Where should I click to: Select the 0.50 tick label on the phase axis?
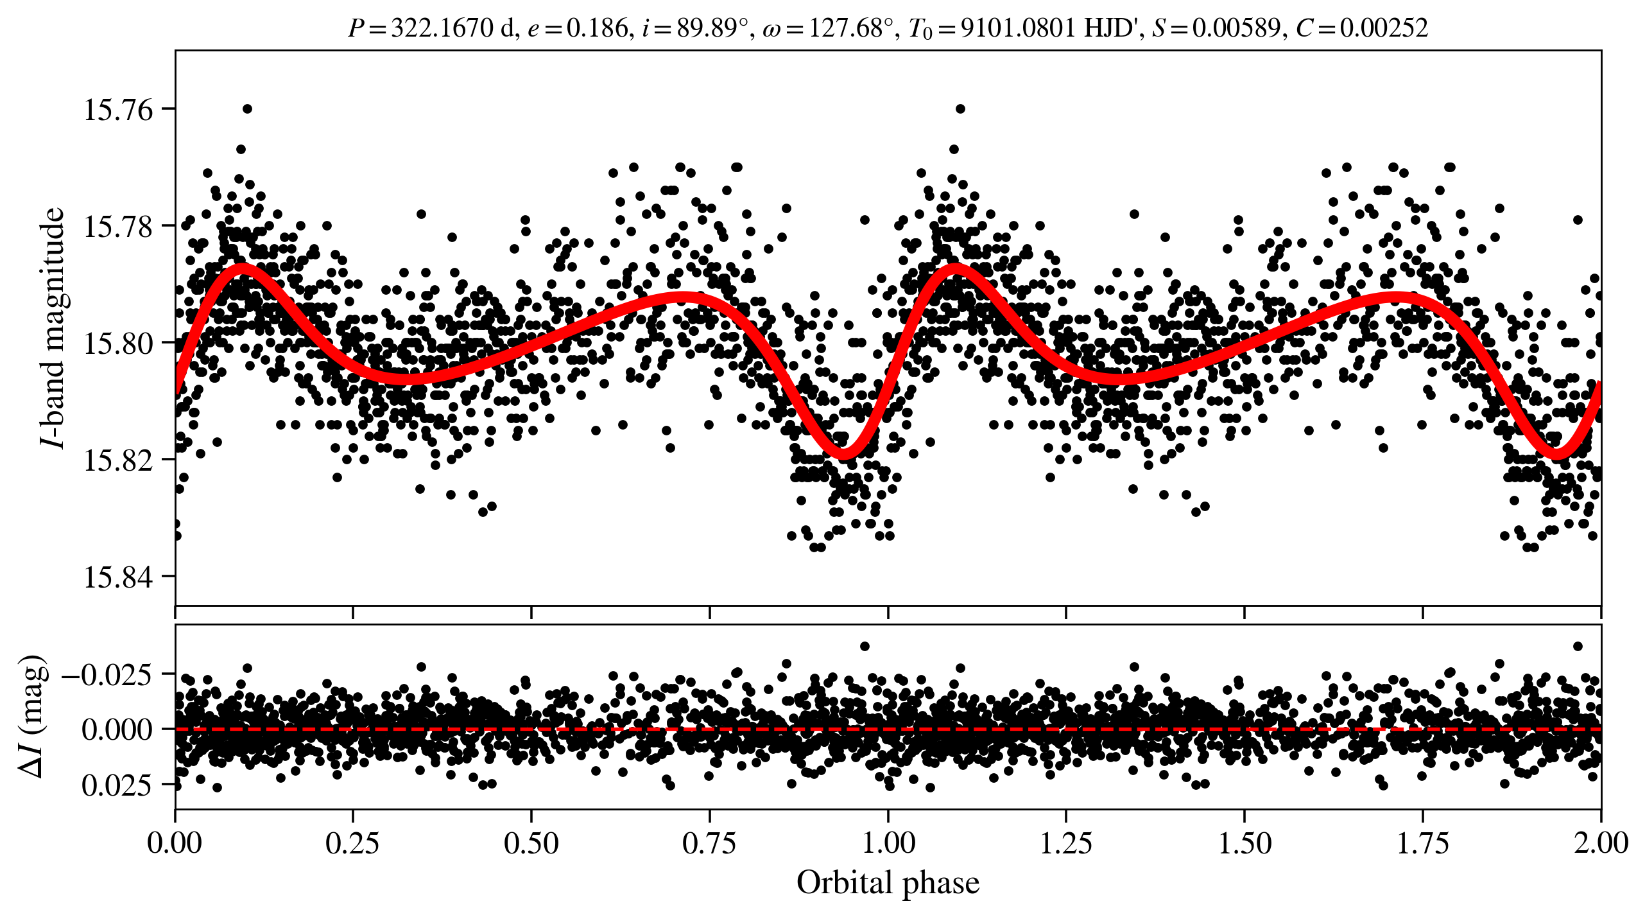[531, 843]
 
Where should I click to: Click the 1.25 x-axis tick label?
[1065, 843]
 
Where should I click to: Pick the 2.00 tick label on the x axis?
[1601, 843]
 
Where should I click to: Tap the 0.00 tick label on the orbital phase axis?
[175, 843]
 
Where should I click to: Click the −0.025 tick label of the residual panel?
[107, 675]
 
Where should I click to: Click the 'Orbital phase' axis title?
[888, 883]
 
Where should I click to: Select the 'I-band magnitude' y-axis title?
[51, 327]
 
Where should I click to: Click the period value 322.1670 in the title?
[442, 28]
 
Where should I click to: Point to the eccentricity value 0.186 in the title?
[597, 28]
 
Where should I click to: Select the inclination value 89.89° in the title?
[712, 28]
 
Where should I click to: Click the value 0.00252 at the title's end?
[1383, 28]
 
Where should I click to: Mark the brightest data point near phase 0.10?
[248, 109]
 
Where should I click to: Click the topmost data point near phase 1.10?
[960, 109]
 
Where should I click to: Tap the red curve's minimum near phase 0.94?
[844, 453]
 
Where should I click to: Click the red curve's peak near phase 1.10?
[956, 268]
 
